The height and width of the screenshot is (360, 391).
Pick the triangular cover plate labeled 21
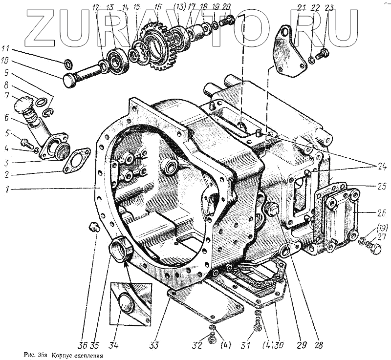point(286,56)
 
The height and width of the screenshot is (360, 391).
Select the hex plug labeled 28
point(274,212)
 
